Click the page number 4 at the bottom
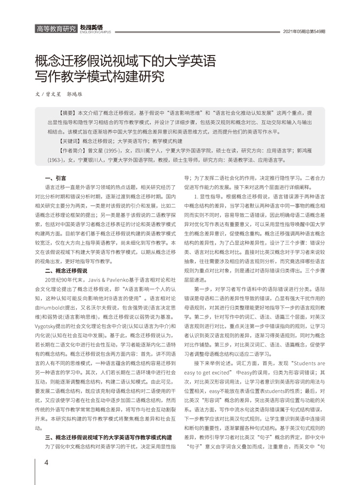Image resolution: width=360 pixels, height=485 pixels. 46,462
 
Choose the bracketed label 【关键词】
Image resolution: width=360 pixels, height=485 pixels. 70,141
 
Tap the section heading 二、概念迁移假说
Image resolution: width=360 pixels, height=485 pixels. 66,270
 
